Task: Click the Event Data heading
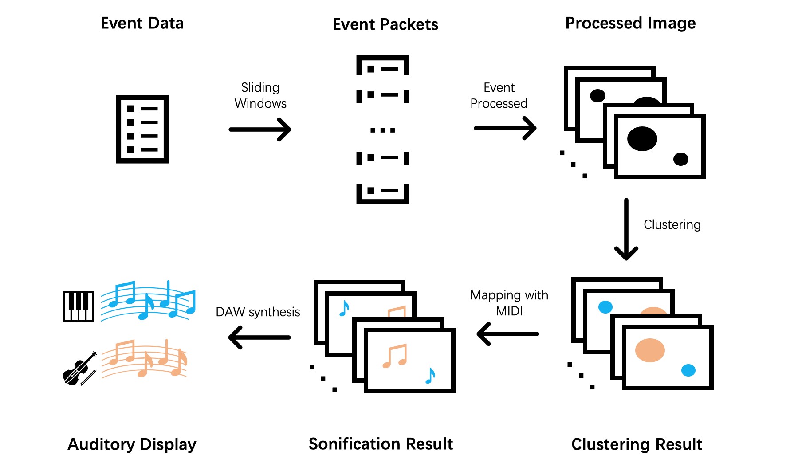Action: [142, 23]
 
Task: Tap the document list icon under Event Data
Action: [142, 129]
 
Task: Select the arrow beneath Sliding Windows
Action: [260, 130]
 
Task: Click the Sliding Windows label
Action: [260, 95]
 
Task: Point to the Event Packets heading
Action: [385, 24]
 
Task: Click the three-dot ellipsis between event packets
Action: [382, 130]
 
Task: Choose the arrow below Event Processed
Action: [505, 128]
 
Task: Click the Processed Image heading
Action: [630, 23]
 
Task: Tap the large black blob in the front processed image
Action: [642, 139]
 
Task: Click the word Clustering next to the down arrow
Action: [672, 225]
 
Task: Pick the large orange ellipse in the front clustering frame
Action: [650, 350]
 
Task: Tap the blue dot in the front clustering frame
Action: [688, 370]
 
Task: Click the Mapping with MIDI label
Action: [509, 303]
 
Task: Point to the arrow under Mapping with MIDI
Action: [508, 334]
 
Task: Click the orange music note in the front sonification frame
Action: [395, 356]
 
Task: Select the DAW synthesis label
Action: [258, 312]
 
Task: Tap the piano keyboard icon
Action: [79, 306]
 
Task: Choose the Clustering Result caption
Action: [637, 444]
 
